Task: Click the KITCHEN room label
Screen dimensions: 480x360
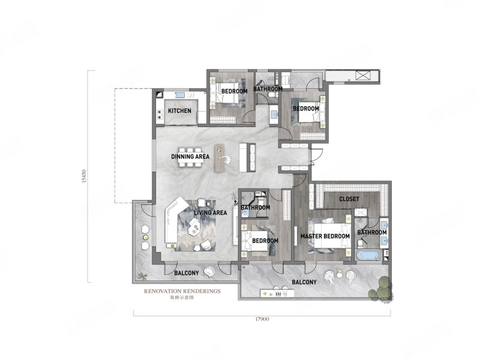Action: (x=179, y=110)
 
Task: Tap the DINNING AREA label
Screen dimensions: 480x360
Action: (x=190, y=157)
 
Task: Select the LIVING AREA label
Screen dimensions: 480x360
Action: (x=211, y=212)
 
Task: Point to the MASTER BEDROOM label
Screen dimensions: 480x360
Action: (x=325, y=236)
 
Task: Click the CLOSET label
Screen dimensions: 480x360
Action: (x=349, y=199)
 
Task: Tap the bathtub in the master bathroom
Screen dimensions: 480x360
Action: (x=368, y=255)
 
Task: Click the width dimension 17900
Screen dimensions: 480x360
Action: (x=262, y=319)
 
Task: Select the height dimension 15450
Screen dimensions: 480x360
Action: (x=84, y=176)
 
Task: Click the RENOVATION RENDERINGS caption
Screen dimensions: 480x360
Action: (x=182, y=291)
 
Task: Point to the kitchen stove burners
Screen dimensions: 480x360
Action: (x=160, y=115)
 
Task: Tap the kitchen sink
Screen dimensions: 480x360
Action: (x=179, y=95)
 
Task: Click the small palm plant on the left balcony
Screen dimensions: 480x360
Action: (x=142, y=277)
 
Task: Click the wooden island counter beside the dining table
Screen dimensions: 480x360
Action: (x=220, y=158)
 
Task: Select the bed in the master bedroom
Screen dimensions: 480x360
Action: (x=332, y=235)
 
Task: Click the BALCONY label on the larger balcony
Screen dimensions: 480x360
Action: (x=304, y=282)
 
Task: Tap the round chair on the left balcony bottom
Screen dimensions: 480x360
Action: (x=209, y=272)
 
